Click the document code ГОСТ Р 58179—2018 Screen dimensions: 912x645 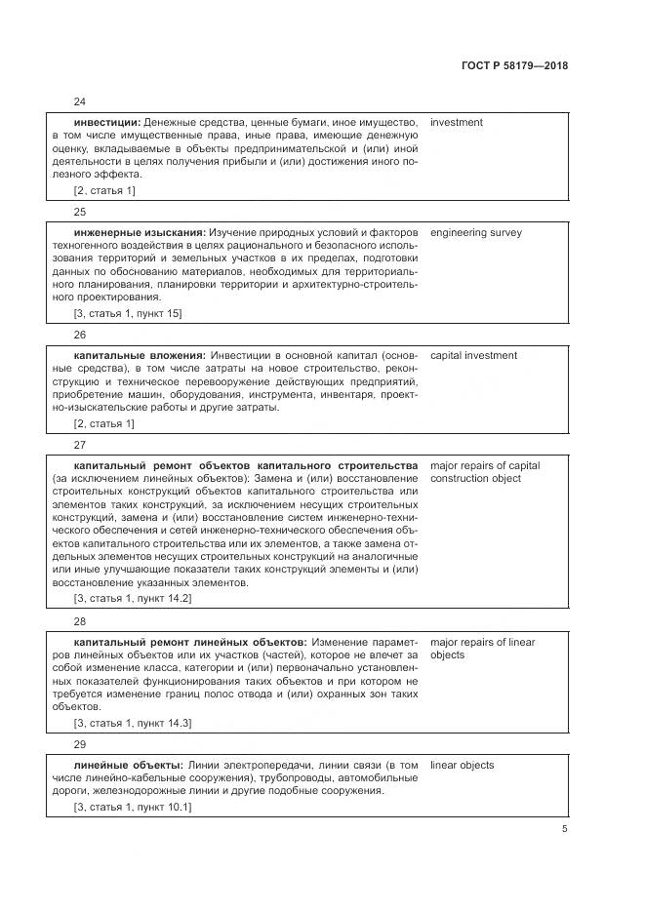[515, 66]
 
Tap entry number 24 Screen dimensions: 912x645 [80, 100]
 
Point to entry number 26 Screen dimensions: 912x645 [80, 334]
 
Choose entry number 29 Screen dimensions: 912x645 [80, 743]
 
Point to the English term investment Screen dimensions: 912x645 [456, 123]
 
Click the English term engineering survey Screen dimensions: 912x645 [475, 233]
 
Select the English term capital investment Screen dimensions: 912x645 [473, 356]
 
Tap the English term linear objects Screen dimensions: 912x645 [462, 766]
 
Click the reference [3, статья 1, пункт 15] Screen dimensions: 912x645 [128, 314]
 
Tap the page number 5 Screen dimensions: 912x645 [564, 829]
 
